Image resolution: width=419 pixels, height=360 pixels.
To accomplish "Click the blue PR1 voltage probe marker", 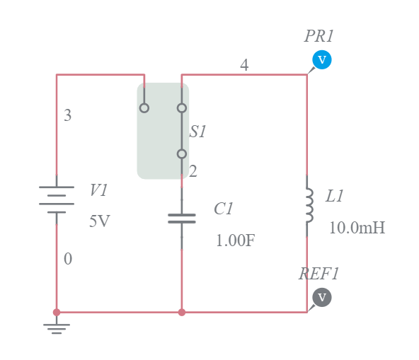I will [x=321, y=60].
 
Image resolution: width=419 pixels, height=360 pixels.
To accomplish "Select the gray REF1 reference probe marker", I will [x=321, y=297].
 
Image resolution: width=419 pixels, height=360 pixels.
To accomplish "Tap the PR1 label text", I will [x=319, y=37].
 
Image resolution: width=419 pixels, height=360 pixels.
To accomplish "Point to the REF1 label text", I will [x=319, y=274].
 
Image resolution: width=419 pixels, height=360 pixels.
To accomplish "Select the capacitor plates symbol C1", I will [x=182, y=218].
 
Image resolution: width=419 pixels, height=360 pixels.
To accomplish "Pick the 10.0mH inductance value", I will [x=357, y=228].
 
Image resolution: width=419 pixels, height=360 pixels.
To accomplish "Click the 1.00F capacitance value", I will [x=235, y=240].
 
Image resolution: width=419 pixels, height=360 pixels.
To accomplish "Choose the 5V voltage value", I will [x=100, y=221].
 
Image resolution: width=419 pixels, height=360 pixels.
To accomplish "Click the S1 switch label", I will [x=197, y=132].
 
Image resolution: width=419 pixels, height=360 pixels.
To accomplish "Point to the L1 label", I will [x=334, y=197].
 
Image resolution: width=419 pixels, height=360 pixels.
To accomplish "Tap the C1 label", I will [x=224, y=209].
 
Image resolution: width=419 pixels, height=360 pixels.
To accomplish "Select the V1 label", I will [x=99, y=190].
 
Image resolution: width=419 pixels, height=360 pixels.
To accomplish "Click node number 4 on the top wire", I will [x=244, y=65].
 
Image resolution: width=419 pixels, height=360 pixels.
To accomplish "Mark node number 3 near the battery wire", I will [x=67, y=115].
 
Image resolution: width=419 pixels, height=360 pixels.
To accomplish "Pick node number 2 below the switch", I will [x=193, y=171].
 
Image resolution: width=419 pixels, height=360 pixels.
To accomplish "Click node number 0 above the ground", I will [x=67, y=259].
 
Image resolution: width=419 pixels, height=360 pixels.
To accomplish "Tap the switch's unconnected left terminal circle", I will [x=144, y=108].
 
